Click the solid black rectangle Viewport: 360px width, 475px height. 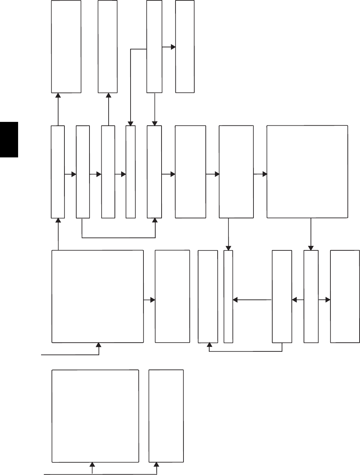coord(9,139)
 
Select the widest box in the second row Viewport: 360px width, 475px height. coord(307,172)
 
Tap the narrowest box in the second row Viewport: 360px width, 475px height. coord(131,172)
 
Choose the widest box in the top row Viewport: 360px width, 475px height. coord(66,46)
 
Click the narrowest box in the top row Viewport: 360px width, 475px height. coord(154,46)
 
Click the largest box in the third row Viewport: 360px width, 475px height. coord(97,296)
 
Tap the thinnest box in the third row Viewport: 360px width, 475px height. coord(228,296)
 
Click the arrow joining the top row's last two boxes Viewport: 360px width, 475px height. coord(169,47)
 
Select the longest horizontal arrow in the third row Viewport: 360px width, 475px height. coord(252,299)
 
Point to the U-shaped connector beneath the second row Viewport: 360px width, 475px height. coord(118,238)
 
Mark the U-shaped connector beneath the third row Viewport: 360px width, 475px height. coord(245,351)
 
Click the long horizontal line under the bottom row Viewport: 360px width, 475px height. coord(101,474)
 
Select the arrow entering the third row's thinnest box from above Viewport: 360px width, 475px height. coord(228,234)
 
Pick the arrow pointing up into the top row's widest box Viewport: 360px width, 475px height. coord(58,109)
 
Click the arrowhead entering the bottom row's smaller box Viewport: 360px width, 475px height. coord(156,465)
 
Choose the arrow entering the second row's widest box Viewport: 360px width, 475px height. coord(260,174)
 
